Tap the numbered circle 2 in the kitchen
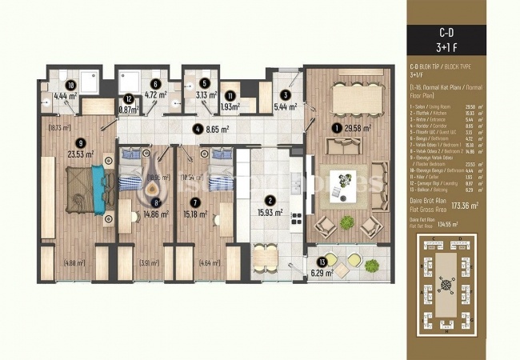pos(270,200)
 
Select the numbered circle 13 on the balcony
pos(322,262)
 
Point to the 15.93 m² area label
pos(270,212)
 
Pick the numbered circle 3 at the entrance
pos(285,94)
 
